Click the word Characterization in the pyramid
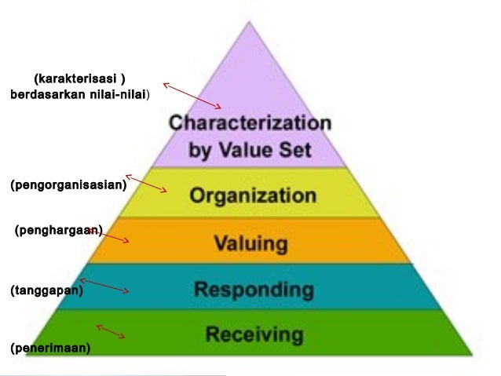tap(251, 122)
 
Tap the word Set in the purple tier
tap(295, 149)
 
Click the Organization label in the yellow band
tap(253, 195)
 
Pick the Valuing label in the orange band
tap(251, 244)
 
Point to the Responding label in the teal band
tap(254, 290)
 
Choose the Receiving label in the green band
tap(254, 334)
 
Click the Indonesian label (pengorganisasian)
tap(68, 185)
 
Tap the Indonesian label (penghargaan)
tap(59, 230)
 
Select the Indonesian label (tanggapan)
tap(47, 290)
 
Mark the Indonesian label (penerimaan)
tap(50, 348)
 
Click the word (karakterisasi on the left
tap(75, 78)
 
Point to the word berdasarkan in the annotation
tap(48, 94)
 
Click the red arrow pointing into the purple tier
tap(192, 96)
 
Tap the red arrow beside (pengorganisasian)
tap(146, 184)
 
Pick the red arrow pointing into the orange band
tap(108, 235)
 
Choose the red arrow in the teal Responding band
tap(104, 286)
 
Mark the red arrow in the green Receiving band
tap(111, 331)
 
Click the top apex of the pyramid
tap(249, 22)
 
